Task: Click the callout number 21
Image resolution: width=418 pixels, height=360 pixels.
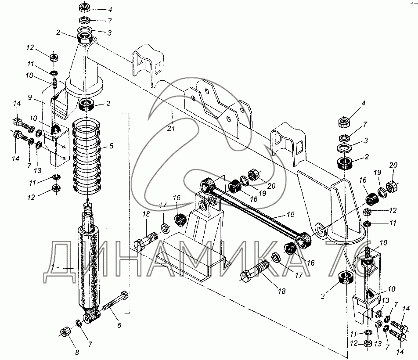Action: pyautogui.click(x=171, y=129)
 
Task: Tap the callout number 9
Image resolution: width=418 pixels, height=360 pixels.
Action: pyautogui.click(x=30, y=97)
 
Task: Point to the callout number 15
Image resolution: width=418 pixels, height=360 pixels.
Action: pyautogui.click(x=291, y=214)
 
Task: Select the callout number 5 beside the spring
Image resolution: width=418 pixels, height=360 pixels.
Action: pyautogui.click(x=111, y=146)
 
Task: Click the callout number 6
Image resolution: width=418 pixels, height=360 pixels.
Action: pyautogui.click(x=119, y=325)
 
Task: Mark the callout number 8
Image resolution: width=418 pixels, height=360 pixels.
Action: pyautogui.click(x=77, y=353)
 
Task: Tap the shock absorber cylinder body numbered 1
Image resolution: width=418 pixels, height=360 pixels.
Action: pyautogui.click(x=89, y=269)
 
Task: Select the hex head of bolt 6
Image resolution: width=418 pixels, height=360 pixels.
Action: pyautogui.click(x=124, y=295)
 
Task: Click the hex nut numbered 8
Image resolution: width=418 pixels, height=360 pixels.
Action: pyautogui.click(x=65, y=332)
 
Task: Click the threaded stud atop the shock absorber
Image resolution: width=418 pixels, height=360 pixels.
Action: pyautogui.click(x=88, y=208)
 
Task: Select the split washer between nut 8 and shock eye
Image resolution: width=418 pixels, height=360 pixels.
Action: pyautogui.click(x=79, y=323)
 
